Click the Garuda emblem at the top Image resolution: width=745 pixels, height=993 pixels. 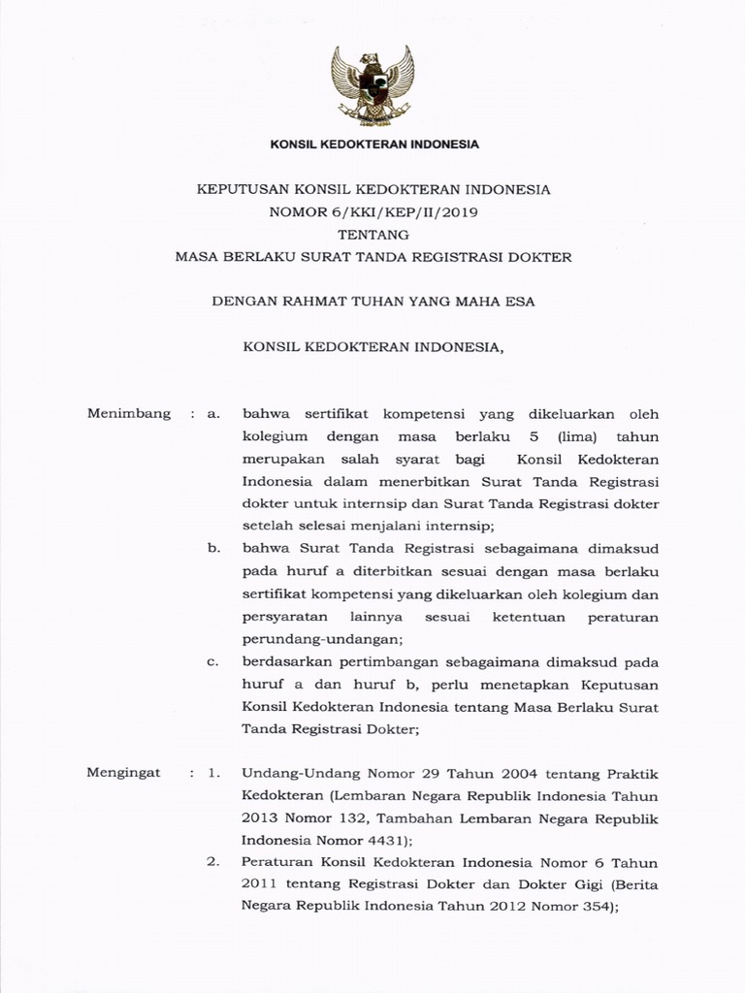coord(372,84)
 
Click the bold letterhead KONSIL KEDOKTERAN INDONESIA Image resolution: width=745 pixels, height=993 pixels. coord(373,144)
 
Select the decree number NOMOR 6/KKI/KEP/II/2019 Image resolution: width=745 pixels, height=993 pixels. coord(373,211)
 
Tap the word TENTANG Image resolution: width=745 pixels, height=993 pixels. coord(373,235)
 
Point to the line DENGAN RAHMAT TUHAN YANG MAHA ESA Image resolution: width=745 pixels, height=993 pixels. coord(373,301)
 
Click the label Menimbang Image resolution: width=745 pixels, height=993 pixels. coord(129,414)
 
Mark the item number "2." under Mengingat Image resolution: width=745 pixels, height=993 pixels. coord(215,862)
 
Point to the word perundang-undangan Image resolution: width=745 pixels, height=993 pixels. coord(321,639)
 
